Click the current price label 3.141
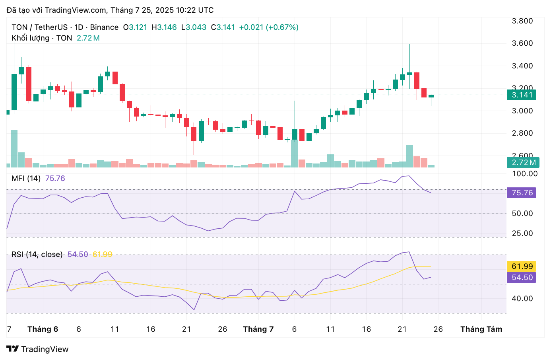click(522, 95)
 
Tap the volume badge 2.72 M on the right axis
click(523, 162)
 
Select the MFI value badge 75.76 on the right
click(522, 193)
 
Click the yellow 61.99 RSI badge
click(522, 266)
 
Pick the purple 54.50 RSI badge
click(522, 277)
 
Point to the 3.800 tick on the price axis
click(522, 21)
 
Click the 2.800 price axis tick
click(522, 133)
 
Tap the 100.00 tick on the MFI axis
click(524, 173)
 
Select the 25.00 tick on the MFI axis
click(522, 233)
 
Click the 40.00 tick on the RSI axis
click(522, 298)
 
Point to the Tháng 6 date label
click(43, 329)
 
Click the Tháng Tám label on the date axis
click(481, 329)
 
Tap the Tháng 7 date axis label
click(258, 329)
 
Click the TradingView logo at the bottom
click(37, 349)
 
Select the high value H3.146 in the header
click(164, 27)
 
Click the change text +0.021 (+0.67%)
click(268, 27)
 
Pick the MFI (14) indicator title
click(26, 178)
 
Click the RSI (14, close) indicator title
click(37, 254)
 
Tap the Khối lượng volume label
click(31, 38)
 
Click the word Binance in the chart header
click(104, 27)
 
